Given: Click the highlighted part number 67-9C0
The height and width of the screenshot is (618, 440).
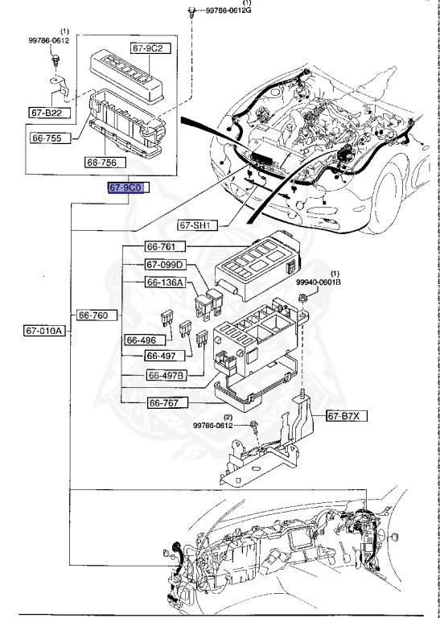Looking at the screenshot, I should [125, 187].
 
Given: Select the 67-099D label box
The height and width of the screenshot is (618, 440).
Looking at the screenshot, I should [166, 265].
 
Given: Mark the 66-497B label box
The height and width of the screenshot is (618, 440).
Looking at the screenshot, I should [166, 375].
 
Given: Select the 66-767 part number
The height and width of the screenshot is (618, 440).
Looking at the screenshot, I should [166, 402].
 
